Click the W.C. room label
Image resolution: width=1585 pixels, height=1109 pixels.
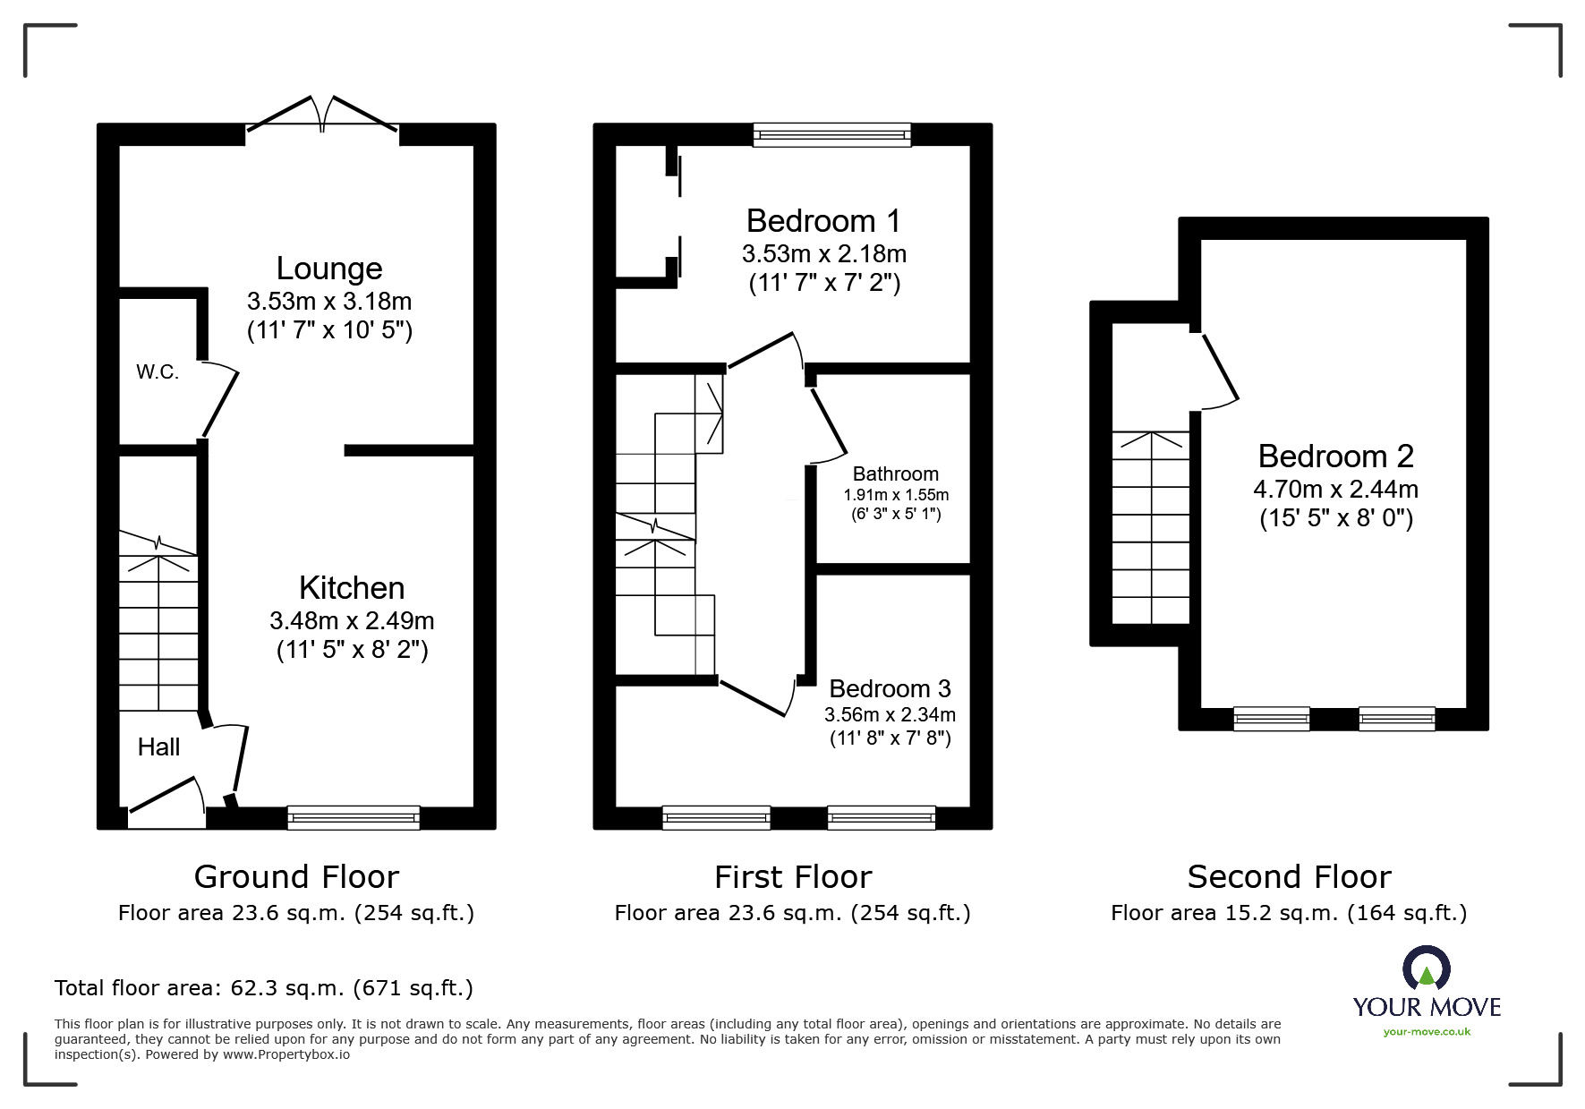(158, 372)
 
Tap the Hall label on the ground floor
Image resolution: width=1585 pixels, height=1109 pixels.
(158, 746)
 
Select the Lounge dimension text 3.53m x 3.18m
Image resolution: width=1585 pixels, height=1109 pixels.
(329, 301)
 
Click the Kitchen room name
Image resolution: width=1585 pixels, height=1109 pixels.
(352, 588)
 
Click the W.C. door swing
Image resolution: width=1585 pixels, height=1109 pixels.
(220, 399)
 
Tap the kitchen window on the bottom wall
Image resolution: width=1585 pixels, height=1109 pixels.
(354, 816)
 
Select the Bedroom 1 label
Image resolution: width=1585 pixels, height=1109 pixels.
(822, 220)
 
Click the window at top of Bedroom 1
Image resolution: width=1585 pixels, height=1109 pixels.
(831, 135)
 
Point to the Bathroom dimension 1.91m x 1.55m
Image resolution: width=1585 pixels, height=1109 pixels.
(896, 495)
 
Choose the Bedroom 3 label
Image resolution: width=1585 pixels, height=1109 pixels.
(890, 688)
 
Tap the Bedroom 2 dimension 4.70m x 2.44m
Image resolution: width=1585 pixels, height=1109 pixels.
(1335, 490)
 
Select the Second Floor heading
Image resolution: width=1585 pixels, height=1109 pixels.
(1289, 876)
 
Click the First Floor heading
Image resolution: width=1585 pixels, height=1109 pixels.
(792, 876)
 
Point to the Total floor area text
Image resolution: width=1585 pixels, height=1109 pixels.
(263, 988)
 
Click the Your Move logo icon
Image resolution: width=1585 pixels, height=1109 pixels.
(1426, 970)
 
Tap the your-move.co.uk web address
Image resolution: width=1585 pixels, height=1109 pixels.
(1427, 1032)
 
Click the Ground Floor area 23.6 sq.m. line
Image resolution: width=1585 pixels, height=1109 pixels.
(295, 913)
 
